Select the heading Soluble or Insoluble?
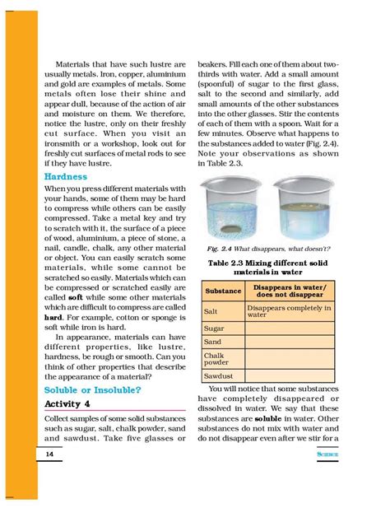(x=91, y=389)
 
